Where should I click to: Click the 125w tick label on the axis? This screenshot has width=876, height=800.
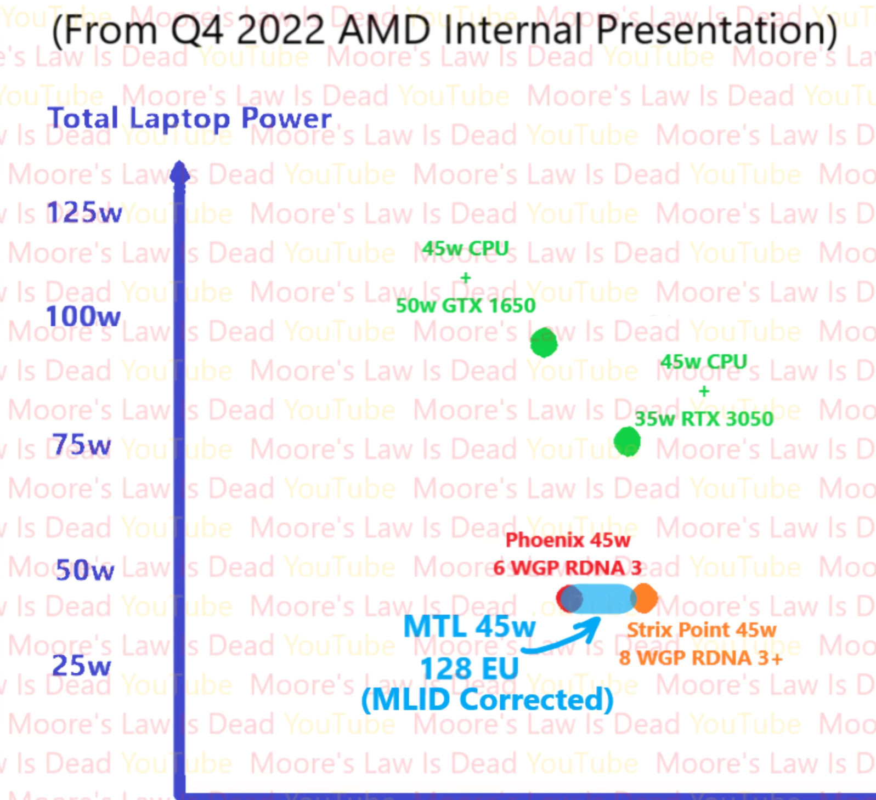[84, 213]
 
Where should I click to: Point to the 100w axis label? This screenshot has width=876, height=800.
[83, 316]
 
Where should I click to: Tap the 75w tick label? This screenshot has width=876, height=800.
[81, 445]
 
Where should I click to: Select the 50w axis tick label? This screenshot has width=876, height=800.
[85, 570]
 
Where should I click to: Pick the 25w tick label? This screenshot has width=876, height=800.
[81, 666]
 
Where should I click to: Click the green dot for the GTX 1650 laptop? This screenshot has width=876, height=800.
[544, 343]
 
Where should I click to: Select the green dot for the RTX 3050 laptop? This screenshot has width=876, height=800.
[627, 441]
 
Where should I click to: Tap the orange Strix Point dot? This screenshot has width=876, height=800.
[646, 598]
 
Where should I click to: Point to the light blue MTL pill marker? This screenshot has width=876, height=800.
[602, 598]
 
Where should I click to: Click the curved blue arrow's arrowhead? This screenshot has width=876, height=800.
[595, 624]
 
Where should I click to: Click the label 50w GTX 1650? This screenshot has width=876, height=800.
[465, 305]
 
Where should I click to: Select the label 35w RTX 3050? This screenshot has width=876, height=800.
[704, 419]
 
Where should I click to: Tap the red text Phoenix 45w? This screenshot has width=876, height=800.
[568, 540]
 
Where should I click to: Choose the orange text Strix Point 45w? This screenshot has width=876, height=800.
[701, 630]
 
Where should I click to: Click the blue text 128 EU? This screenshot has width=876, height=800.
[469, 668]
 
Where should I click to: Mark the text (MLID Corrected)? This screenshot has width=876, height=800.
[487, 700]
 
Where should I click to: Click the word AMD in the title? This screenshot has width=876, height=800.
[385, 30]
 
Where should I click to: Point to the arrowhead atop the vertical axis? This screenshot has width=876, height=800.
[179, 172]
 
